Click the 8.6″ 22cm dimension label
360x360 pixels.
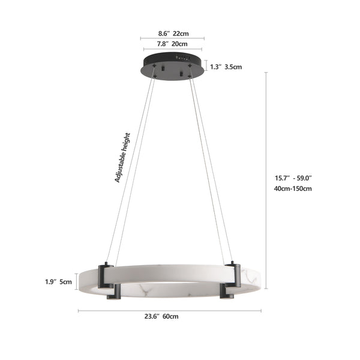point(173,34)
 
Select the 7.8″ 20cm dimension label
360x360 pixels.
point(173,44)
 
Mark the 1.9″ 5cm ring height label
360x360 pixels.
point(58,281)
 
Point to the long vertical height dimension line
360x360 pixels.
point(266,180)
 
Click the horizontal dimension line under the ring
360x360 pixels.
point(170,310)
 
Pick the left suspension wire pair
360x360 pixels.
point(129,168)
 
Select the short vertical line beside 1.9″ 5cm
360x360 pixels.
point(77,281)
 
